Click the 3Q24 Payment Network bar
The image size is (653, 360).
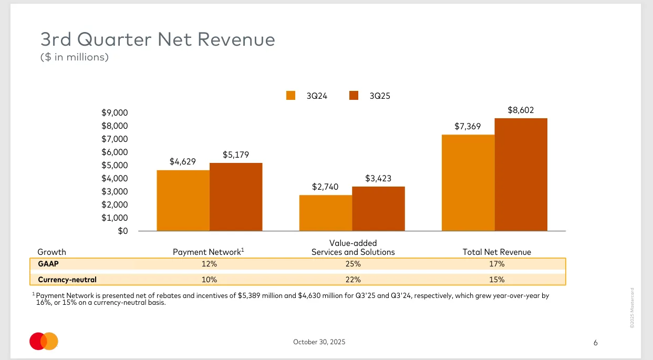click(x=183, y=200)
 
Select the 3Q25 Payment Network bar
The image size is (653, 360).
click(x=236, y=197)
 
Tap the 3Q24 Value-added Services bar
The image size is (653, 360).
click(x=326, y=213)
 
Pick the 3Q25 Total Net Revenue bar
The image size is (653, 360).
click(x=521, y=174)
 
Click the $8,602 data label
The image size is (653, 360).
click(x=521, y=110)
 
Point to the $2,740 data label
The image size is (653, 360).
click(x=325, y=187)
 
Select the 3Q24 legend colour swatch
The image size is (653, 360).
click(x=291, y=96)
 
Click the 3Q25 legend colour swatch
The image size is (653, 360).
click(x=354, y=96)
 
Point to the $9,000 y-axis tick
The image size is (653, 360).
click(x=115, y=113)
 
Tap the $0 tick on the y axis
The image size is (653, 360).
click(x=123, y=231)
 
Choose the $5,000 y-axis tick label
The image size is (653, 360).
click(x=115, y=166)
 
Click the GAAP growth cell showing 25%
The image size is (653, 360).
click(x=353, y=264)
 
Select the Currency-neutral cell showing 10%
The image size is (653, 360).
click(x=210, y=280)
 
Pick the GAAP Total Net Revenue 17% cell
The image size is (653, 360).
click(x=496, y=264)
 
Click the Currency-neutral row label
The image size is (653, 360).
click(x=67, y=280)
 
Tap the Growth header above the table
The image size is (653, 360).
click(x=52, y=252)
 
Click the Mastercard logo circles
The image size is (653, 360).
click(x=44, y=342)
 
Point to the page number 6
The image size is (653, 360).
click(x=595, y=343)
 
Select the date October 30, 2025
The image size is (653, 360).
click(x=319, y=342)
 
